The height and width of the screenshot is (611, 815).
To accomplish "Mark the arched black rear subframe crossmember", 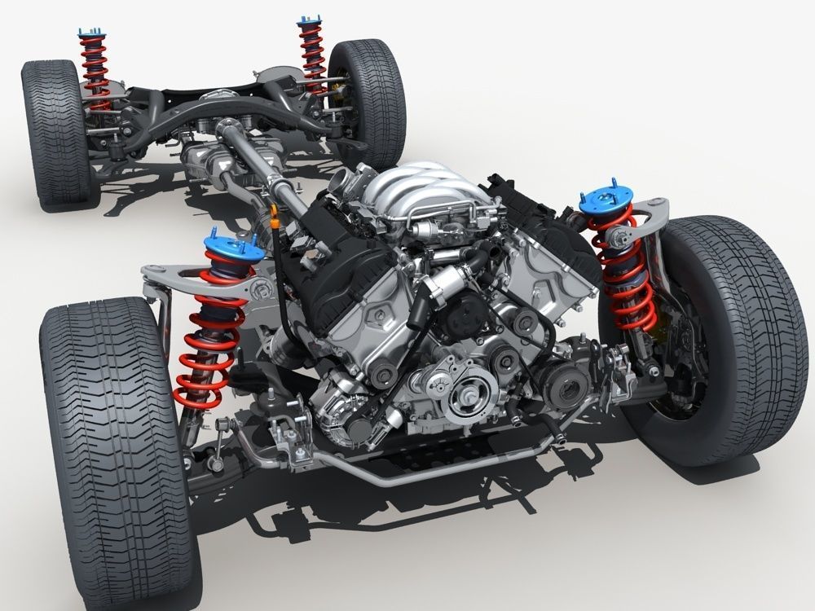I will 236,110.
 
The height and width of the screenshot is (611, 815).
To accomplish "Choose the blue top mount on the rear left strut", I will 90,33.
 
